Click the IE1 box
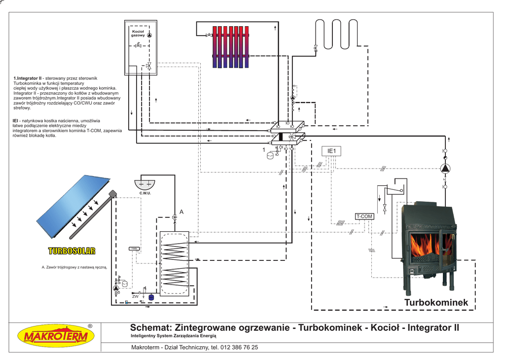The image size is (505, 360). click(331, 150)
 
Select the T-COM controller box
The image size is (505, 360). click(364, 216)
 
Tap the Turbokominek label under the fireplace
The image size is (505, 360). click(436, 302)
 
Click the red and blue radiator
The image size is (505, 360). click(230, 46)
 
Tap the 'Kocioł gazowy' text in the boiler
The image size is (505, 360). click(138, 34)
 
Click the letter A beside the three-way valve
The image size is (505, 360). click(181, 212)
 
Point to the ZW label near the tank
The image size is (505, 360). click(135, 296)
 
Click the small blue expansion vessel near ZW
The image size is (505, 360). click(151, 297)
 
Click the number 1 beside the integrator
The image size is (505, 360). click(264, 149)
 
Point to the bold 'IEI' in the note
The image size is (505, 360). click(16, 120)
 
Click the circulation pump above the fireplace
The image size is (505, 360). click(445, 169)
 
